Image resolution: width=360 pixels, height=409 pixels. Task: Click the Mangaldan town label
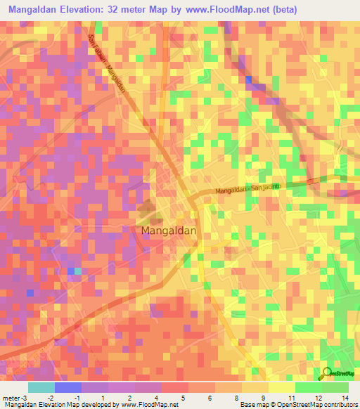click(169, 230)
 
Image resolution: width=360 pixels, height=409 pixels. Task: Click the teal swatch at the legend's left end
click(41, 387)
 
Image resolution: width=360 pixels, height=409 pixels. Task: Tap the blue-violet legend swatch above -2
click(67, 387)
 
